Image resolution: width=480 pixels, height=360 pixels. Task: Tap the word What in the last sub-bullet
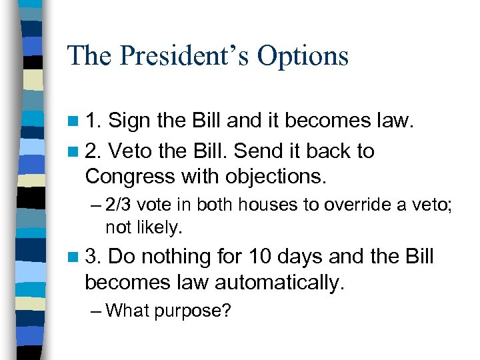tap(128, 311)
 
